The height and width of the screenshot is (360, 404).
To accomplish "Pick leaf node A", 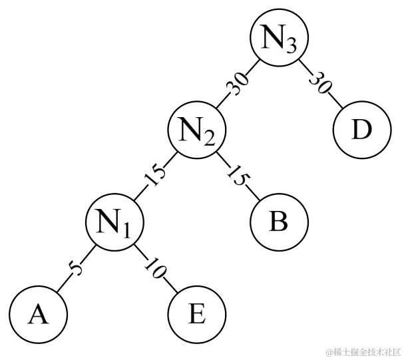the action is click(x=38, y=313).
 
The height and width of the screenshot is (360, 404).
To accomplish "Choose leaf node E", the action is click(x=197, y=313).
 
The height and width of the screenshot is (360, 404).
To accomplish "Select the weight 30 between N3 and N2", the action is click(x=238, y=84).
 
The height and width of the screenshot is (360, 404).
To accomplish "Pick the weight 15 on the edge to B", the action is click(x=238, y=174).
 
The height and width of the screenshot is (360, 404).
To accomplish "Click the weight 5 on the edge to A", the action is click(x=75, y=268).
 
